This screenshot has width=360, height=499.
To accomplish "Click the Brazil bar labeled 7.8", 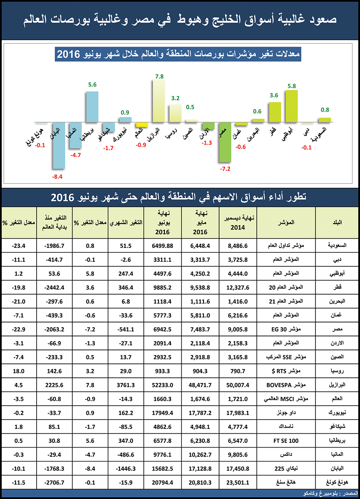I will (159, 101).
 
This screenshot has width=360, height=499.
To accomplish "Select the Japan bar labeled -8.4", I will (59, 145).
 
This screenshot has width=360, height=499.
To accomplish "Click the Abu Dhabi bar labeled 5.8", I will (292, 106).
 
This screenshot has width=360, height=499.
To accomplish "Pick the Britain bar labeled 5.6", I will (92, 107).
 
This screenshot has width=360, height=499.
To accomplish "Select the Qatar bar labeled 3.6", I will (275, 112).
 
